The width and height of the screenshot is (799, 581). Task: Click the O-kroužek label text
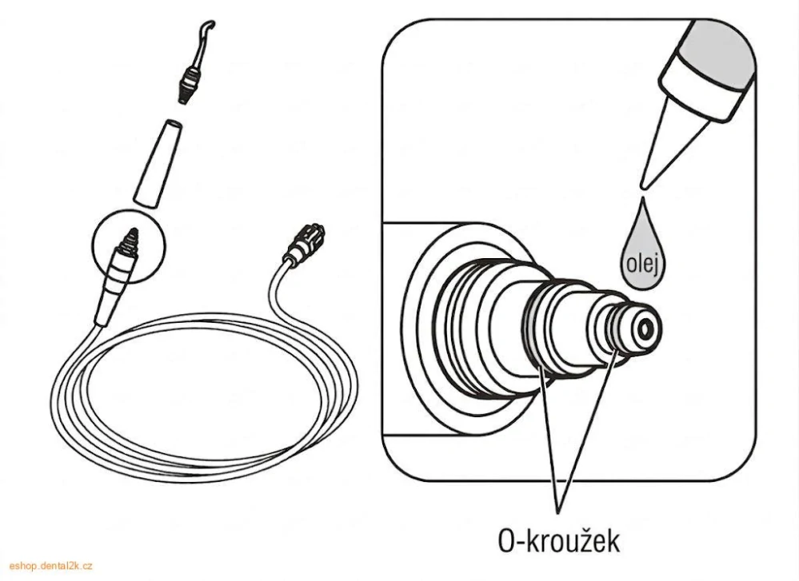557,541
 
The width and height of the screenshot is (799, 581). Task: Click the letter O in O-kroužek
507,541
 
